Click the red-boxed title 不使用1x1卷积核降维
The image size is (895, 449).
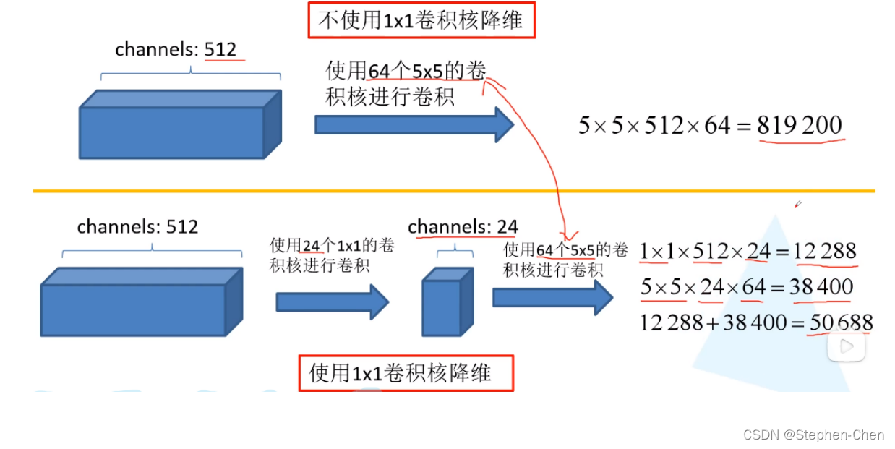421,20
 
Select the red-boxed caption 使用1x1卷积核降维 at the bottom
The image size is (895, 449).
406,373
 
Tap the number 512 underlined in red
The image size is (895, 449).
220,49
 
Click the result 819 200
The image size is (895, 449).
800,126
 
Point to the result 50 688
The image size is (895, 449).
842,322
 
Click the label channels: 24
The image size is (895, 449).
463,227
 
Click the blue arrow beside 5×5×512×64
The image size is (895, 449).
414,125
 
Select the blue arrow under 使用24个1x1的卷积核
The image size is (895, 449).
333,302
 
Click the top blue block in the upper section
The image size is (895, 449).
179,125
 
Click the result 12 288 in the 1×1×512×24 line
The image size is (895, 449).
824,252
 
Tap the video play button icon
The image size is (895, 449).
847,346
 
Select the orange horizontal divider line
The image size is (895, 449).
454,191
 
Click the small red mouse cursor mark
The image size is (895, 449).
797,205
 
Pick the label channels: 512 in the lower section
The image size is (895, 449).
137,227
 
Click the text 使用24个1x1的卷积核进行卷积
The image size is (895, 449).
332,255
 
